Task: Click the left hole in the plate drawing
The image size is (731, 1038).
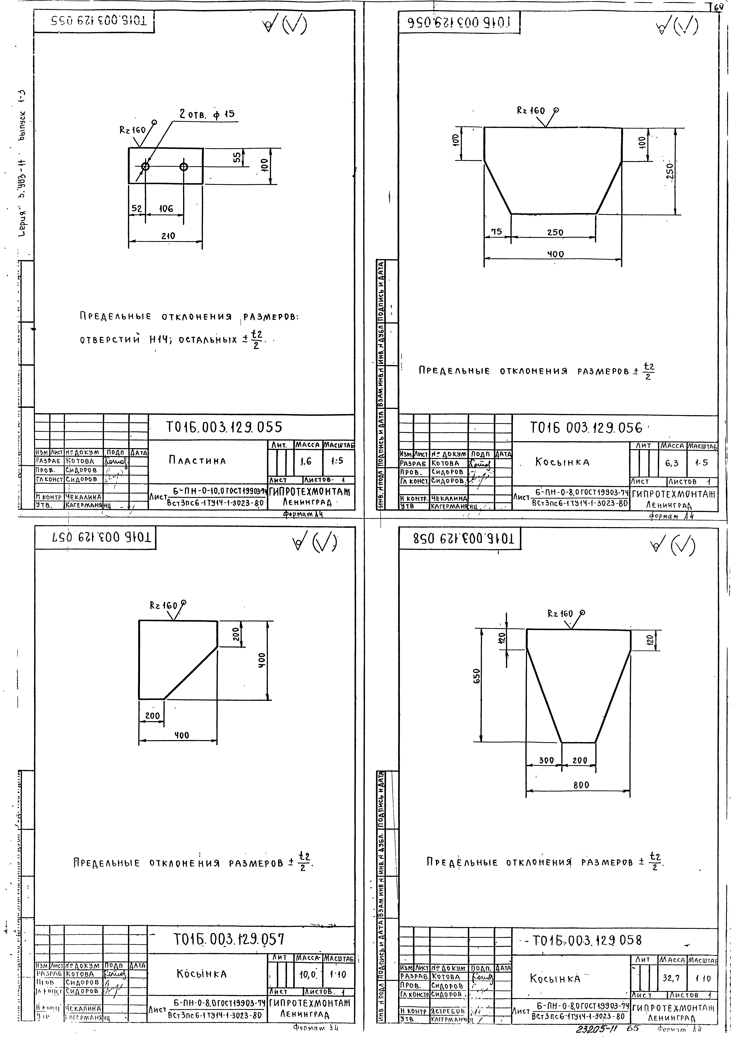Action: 145,166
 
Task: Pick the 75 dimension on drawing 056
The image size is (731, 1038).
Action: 497,231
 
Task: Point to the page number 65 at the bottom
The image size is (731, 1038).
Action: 633,1029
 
